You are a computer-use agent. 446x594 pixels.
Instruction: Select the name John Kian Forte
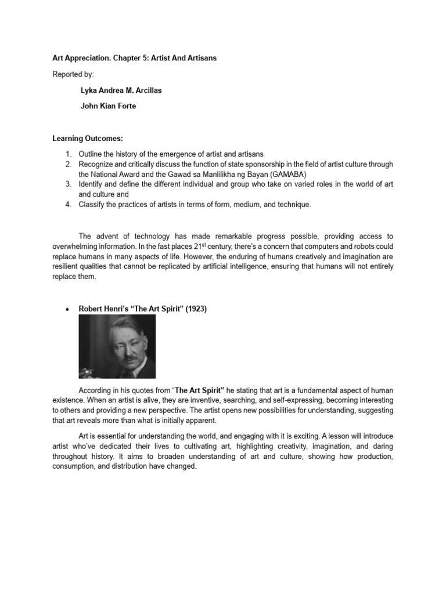[x=109, y=106]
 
